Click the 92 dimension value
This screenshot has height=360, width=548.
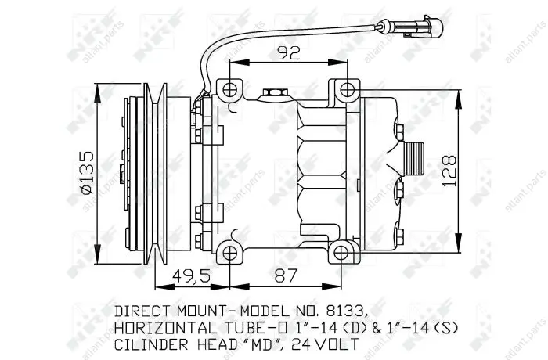[x=289, y=53]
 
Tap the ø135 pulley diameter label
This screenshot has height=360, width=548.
[x=87, y=173]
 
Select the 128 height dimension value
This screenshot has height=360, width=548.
[x=449, y=171]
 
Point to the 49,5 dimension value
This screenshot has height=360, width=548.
[x=192, y=275]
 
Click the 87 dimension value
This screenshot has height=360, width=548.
[x=286, y=275]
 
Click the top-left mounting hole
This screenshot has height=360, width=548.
[x=229, y=90]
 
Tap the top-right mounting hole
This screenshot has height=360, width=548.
[x=348, y=90]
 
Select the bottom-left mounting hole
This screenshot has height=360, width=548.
[x=229, y=253]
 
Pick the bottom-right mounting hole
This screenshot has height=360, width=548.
[x=341, y=253]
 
